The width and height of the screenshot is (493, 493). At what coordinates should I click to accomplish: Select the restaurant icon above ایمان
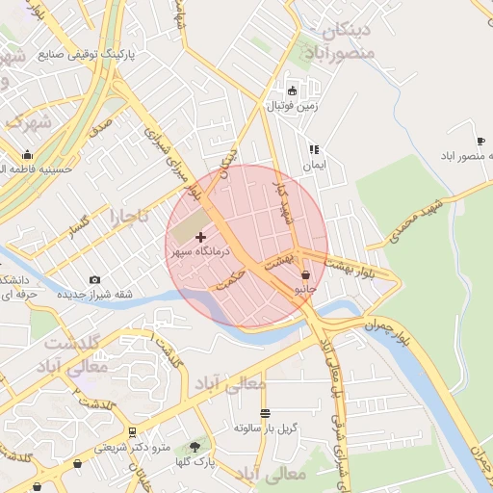[x=314, y=150]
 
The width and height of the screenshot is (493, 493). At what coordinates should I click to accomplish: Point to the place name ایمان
[x=314, y=166]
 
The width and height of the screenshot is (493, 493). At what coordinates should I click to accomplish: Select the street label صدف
[x=101, y=126]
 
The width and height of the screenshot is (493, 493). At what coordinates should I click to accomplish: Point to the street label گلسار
[x=80, y=227]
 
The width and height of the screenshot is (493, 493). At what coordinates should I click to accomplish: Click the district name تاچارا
[x=130, y=216]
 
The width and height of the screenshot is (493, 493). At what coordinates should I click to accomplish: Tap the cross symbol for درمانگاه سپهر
[x=200, y=236]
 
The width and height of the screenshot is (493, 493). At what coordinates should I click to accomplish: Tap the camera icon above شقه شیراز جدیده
[x=94, y=280]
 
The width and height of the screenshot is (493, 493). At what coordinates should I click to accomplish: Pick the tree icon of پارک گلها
[x=197, y=447]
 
